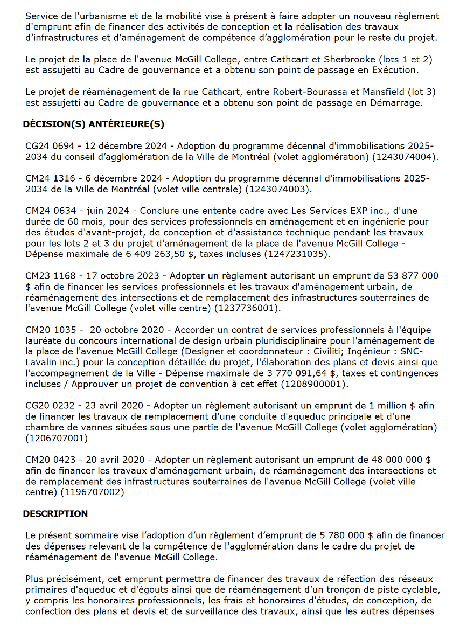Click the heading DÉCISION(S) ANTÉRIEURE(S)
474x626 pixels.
click(x=93, y=124)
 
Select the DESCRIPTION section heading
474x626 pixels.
click(x=55, y=513)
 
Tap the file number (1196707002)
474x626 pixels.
click(x=92, y=492)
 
